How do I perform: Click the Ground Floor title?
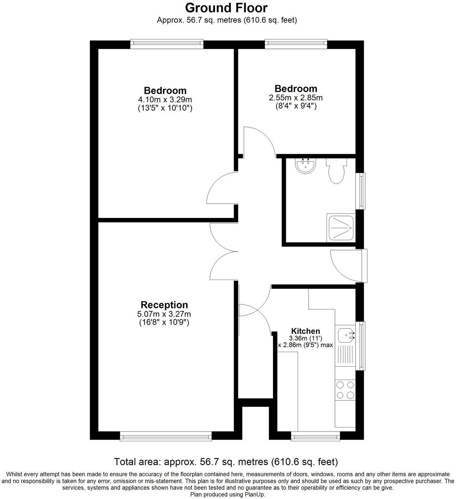click(x=226, y=7)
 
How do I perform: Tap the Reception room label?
click(x=164, y=305)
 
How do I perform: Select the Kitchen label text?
click(x=305, y=331)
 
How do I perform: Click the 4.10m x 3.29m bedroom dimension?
click(x=165, y=100)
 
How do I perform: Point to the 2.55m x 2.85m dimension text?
click(x=296, y=98)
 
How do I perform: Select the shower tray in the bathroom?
click(x=341, y=227)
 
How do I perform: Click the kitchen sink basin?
click(x=345, y=335)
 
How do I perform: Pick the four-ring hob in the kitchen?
click(x=345, y=390)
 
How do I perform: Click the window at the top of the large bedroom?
click(x=167, y=44)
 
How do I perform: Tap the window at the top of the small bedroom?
click(x=296, y=44)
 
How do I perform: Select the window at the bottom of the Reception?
click(x=166, y=437)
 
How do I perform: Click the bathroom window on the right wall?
click(x=360, y=191)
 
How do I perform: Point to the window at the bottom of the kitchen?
click(x=315, y=437)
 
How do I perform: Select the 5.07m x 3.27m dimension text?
click(x=164, y=314)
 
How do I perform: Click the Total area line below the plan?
click(x=226, y=461)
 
